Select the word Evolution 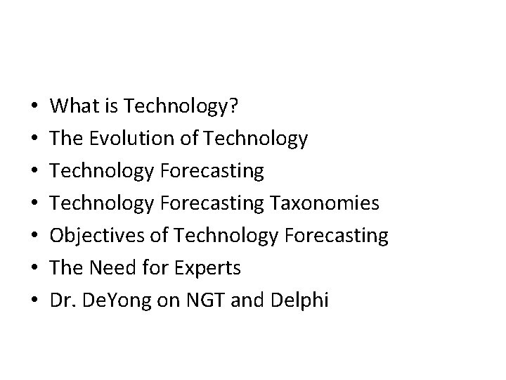click(x=133, y=139)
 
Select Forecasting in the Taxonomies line click(x=213, y=204)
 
